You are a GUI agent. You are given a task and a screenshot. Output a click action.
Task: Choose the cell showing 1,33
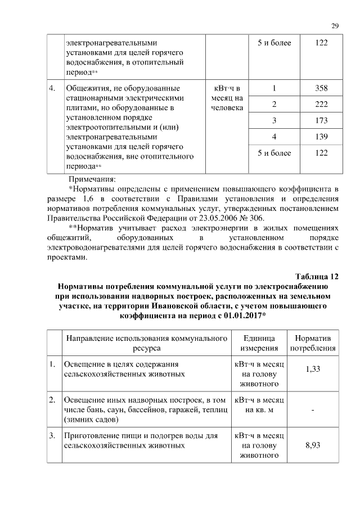pyautogui.click(x=313, y=368)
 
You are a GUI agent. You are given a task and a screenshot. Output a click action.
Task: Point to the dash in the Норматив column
pyautogui.click(x=313, y=409)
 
